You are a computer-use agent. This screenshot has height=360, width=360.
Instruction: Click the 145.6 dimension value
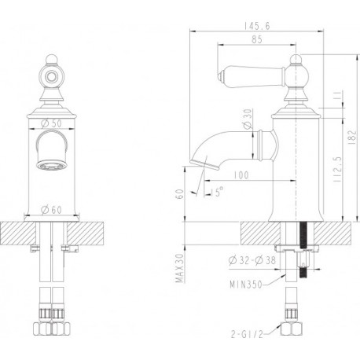coord(257,26)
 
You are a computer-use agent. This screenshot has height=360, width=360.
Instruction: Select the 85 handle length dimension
coord(257,39)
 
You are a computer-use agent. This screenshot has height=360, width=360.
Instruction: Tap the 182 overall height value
coord(353,138)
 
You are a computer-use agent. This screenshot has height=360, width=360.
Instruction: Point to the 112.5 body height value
coord(338,170)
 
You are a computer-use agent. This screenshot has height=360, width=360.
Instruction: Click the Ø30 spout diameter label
coord(248,119)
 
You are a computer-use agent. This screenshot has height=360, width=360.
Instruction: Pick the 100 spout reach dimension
coord(241,175)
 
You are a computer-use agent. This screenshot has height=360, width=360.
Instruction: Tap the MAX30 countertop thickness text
coord(180,268)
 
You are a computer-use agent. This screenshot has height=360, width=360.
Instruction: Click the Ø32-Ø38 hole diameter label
coord(252,260)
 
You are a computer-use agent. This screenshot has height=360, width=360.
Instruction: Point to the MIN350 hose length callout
coord(246,285)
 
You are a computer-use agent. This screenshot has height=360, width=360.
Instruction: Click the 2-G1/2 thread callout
coord(247,334)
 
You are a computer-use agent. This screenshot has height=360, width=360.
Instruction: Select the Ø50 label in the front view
coord(51,123)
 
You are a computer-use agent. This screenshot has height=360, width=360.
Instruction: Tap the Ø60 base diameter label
coord(52,210)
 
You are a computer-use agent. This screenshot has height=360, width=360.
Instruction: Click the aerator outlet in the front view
coord(52,166)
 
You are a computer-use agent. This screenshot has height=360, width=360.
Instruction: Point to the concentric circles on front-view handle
coord(51,77)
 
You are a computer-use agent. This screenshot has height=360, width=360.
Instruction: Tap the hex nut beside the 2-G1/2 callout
coord(291,329)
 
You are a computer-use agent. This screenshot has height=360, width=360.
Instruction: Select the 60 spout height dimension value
coord(181,194)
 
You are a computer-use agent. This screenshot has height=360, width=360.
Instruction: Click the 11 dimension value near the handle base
coord(338,95)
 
